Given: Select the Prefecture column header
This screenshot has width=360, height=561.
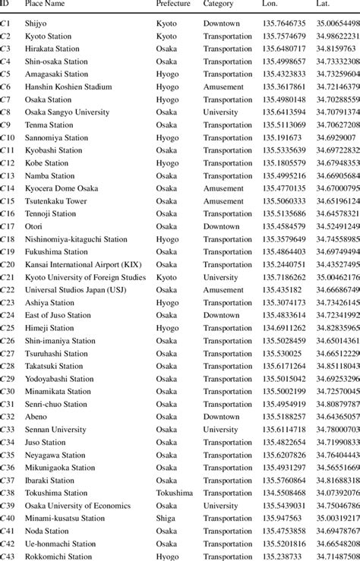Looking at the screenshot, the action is tap(173, 5).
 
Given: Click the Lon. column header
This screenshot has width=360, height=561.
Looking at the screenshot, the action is tap(270, 5).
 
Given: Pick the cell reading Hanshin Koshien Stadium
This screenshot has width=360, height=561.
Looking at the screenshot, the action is tap(67, 87).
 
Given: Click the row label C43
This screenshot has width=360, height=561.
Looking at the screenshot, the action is tap(7, 556).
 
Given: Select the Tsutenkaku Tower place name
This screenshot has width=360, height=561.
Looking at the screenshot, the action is tap(56, 200).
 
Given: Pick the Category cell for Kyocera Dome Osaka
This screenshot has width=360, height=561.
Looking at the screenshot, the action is tap(223, 188).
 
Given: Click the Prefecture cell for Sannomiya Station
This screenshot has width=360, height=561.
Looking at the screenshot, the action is tap(168, 137).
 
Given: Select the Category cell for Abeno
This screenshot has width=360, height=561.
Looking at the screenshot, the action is tap(221, 416).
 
